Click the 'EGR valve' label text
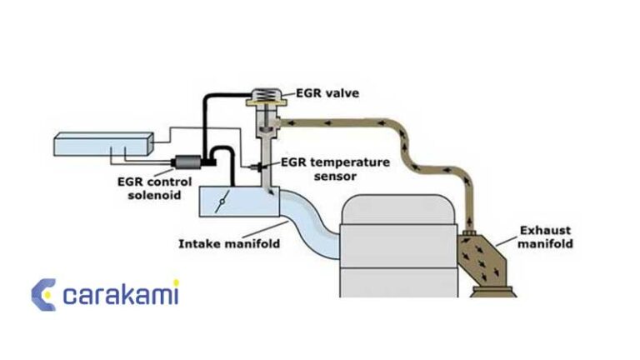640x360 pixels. coord(326,93)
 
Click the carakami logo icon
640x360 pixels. coord(43,295)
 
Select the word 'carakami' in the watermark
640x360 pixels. coord(122,294)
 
